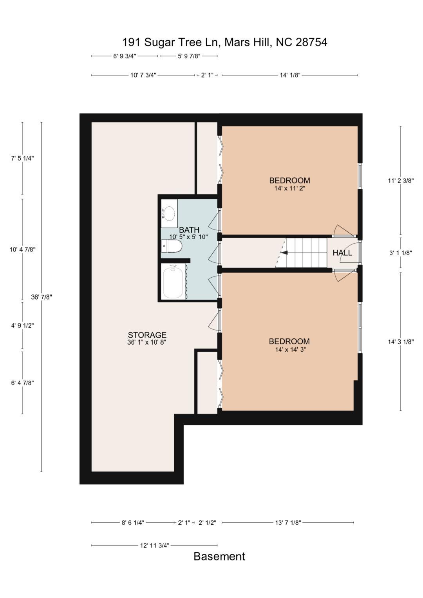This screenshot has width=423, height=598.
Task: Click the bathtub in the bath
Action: [x=173, y=282]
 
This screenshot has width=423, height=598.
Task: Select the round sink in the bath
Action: [x=169, y=213]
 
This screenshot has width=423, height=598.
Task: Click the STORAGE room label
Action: [x=147, y=335]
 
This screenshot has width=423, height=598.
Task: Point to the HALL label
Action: [x=342, y=253]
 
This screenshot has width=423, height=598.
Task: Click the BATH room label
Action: [x=189, y=229]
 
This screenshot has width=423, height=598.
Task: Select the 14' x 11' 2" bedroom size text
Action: [x=289, y=188]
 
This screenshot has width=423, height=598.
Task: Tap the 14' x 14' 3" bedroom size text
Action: [x=290, y=349]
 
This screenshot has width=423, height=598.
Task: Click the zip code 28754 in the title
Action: [x=311, y=42]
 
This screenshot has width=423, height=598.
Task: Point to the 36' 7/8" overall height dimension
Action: [x=41, y=297]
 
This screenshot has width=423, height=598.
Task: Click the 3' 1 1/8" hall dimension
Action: [x=401, y=253]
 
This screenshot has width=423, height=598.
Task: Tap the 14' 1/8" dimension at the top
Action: [x=290, y=75]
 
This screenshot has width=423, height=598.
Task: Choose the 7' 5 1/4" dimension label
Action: [x=22, y=158]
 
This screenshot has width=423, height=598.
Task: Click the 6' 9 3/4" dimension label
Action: [x=125, y=56]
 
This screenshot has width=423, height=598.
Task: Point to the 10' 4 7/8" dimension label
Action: [x=22, y=249]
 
